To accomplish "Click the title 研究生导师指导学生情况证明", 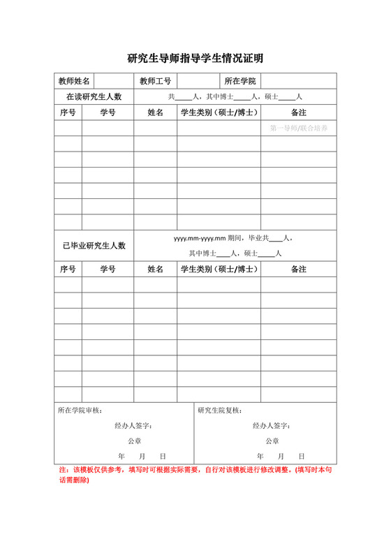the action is coord(195,59).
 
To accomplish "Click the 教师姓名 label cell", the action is coord(74,81).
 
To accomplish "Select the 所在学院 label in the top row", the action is coord(240,81).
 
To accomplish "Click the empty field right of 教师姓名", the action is coord(114,81).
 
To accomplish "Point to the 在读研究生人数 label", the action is coord(94,96).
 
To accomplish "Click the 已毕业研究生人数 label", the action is coord(94,245).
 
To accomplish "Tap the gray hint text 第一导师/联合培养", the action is coord(299,128).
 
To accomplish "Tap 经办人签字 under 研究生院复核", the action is coord(271,426).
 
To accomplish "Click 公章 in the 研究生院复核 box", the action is coord(272,441).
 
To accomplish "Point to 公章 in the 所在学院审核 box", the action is coord(134,441).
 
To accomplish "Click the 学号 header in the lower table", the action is coord(108,269).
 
